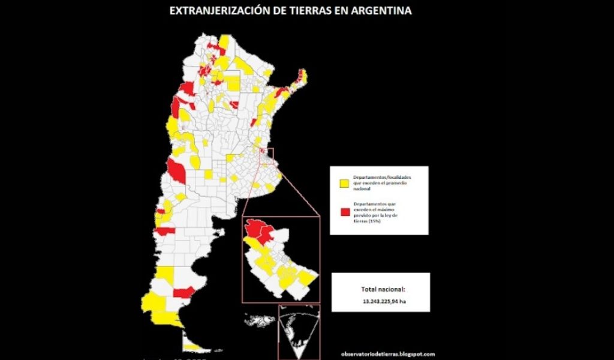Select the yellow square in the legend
pyautogui.click(x=344, y=183)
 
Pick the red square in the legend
pyautogui.click(x=344, y=212)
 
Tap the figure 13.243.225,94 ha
pyautogui.click(x=380, y=301)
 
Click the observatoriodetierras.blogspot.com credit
pyautogui.click(x=387, y=354)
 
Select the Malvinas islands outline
pyautogui.click(x=260, y=320)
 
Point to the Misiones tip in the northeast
pyautogui.click(x=302, y=78)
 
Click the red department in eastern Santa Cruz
pyautogui.click(x=183, y=292)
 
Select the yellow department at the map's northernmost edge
pyautogui.click(x=225, y=41)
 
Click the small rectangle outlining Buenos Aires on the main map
pyautogui.click(x=270, y=154)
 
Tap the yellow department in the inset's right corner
pyautogui.click(x=307, y=278)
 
